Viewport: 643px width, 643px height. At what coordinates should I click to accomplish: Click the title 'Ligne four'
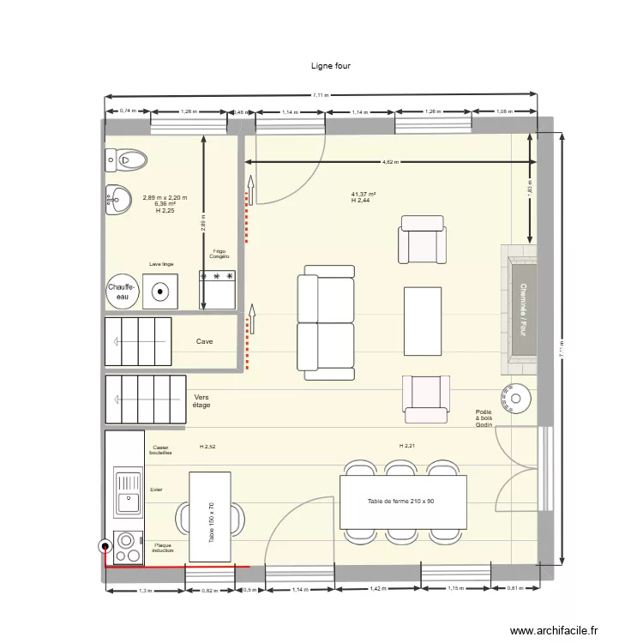click(x=330, y=65)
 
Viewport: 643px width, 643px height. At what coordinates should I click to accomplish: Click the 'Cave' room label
click(x=204, y=341)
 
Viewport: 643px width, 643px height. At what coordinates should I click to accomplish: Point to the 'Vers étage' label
click(x=202, y=401)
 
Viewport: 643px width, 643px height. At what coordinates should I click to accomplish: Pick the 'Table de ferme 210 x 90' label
click(x=400, y=501)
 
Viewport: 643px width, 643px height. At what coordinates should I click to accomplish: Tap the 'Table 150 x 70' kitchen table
click(x=210, y=517)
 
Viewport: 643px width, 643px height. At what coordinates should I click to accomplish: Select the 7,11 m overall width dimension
click(x=320, y=96)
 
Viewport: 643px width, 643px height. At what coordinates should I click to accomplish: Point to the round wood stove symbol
click(x=517, y=396)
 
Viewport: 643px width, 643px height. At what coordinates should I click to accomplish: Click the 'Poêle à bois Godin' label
click(x=485, y=418)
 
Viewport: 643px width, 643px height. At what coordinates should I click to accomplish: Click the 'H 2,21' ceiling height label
click(x=407, y=446)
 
